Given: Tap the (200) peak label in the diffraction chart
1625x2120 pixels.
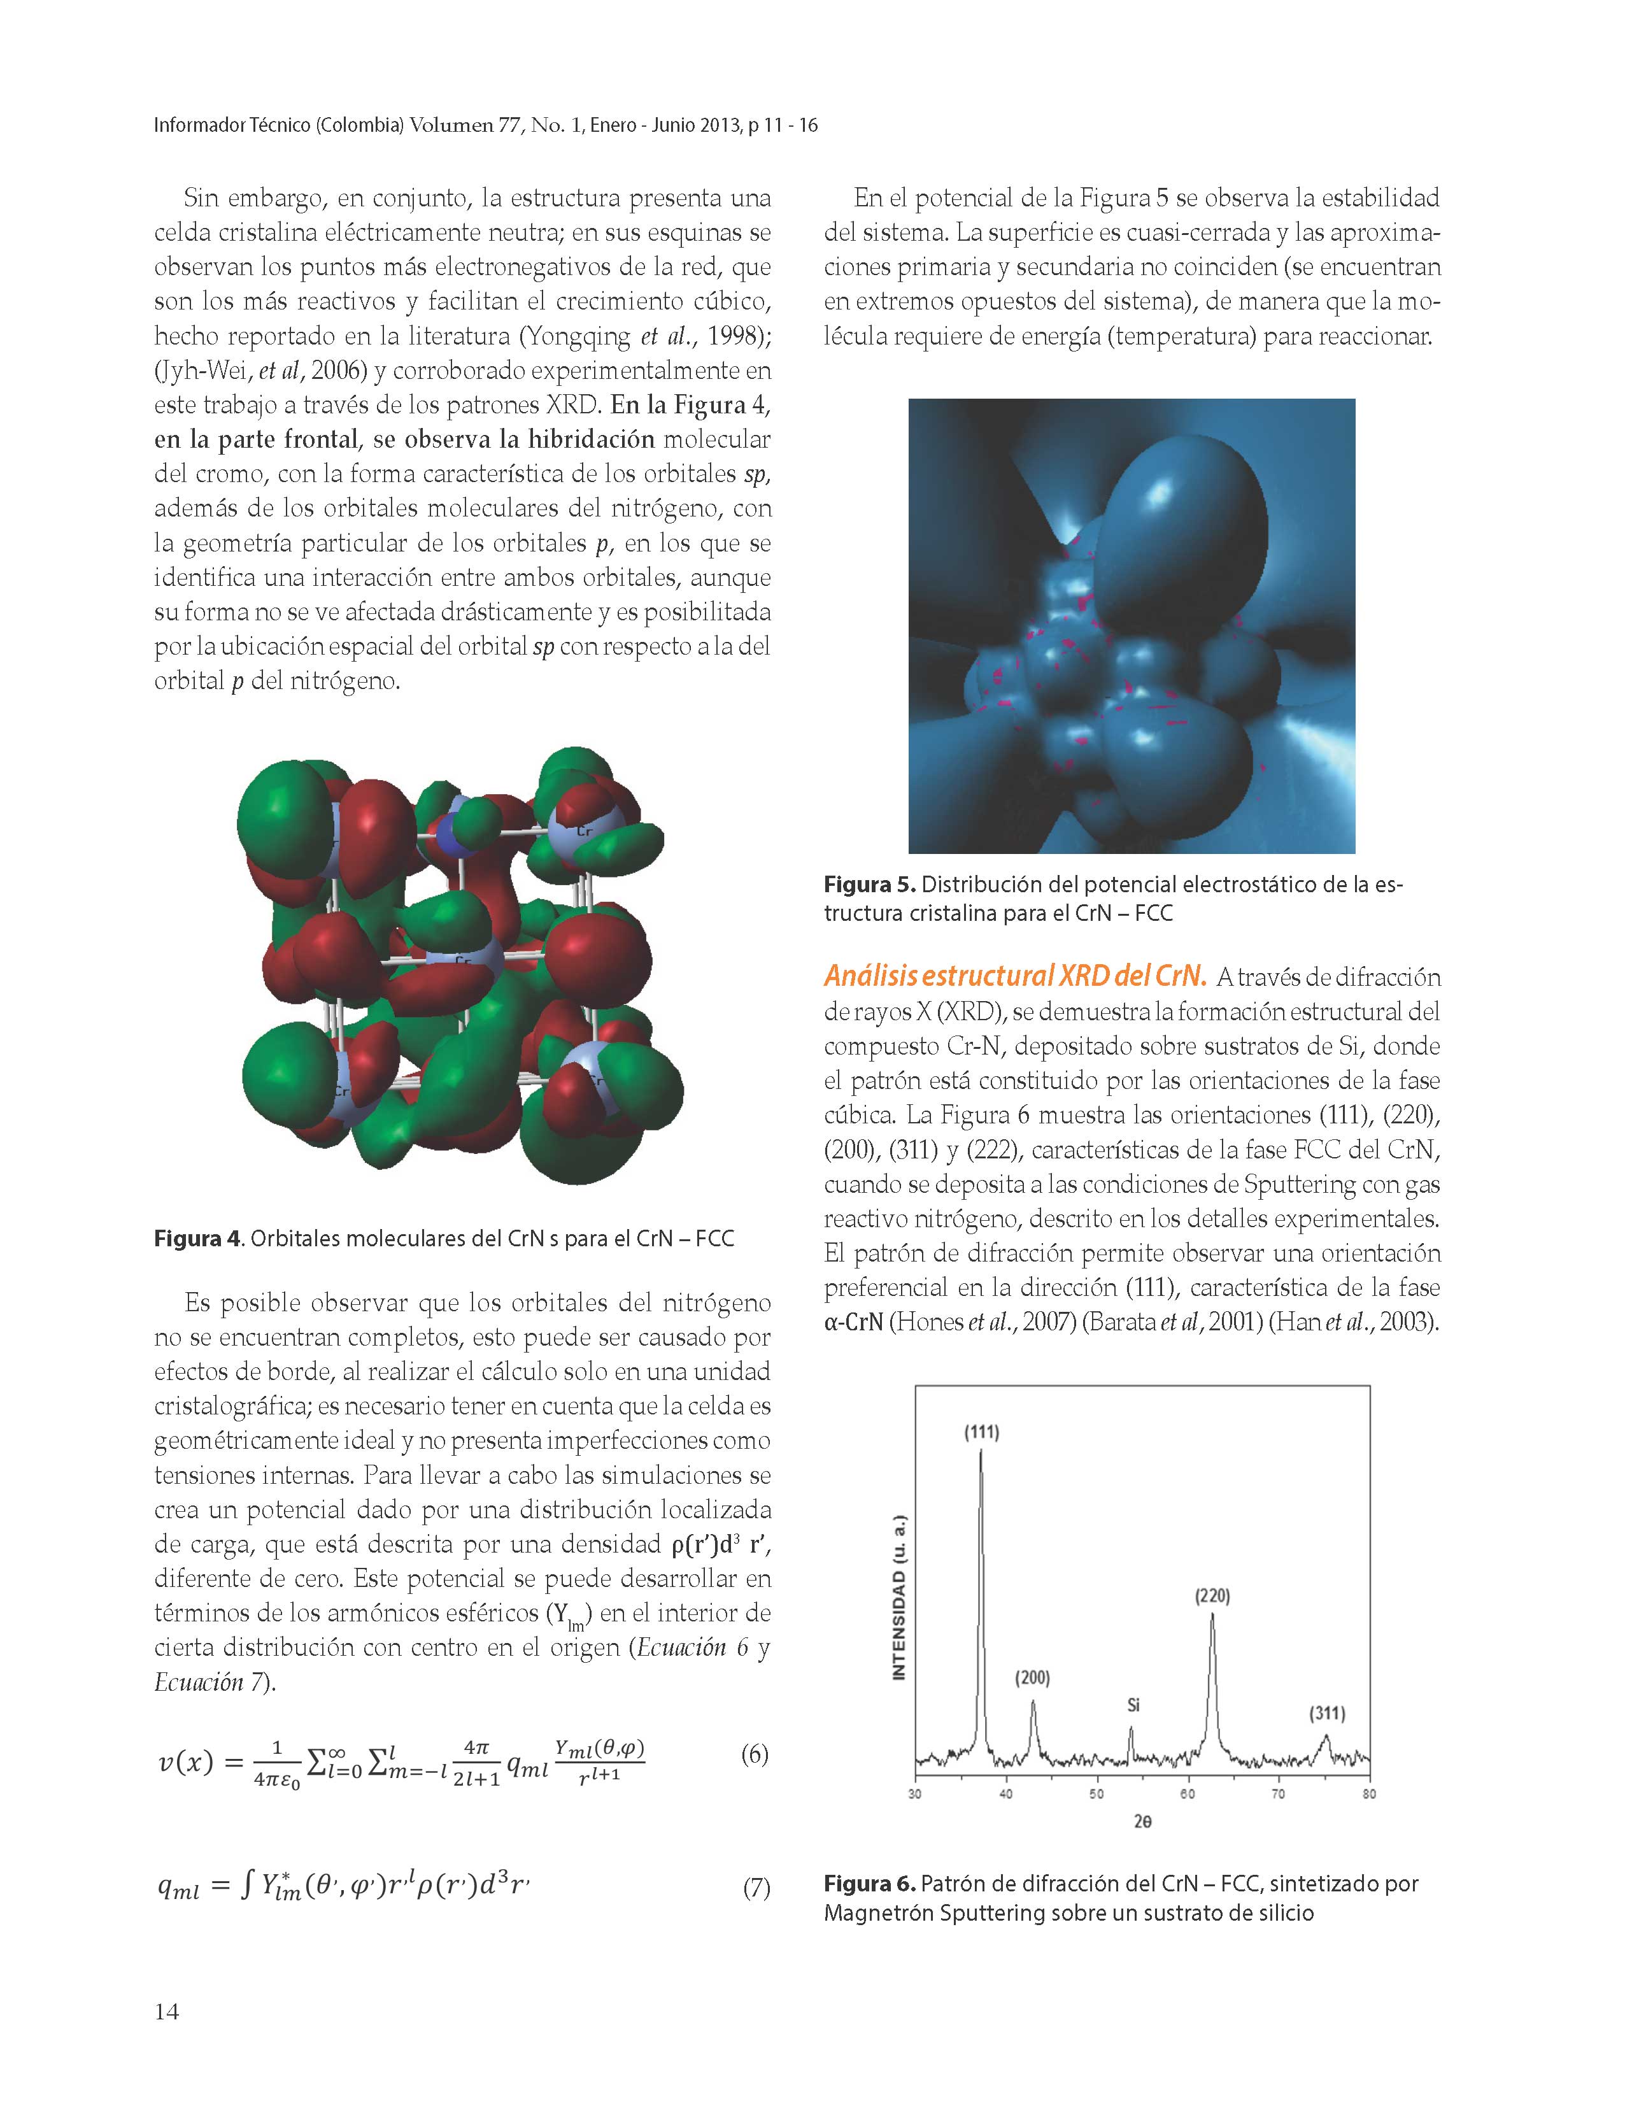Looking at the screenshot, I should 1032,1677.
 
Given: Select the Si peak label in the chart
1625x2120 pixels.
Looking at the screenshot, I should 1133,1705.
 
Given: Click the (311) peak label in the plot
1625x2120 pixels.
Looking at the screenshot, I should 1327,1713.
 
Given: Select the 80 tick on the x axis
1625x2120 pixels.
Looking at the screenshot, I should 1368,1794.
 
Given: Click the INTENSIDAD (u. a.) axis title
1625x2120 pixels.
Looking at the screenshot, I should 900,1597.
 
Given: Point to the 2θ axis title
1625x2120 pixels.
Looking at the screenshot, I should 1142,1822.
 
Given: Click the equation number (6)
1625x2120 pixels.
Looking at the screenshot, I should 755,1753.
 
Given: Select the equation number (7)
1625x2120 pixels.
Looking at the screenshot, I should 755,1887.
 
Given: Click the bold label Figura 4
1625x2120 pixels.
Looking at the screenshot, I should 196,1239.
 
